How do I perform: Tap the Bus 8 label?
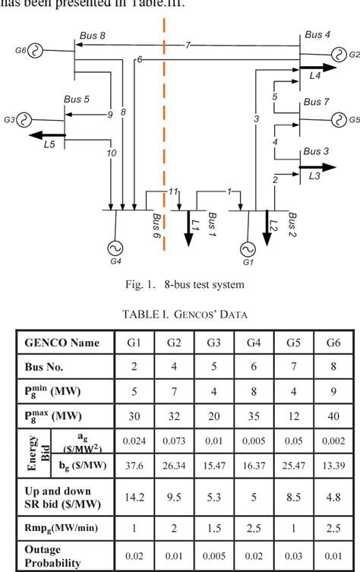93,35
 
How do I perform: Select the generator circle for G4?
116,248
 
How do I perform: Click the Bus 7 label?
317,102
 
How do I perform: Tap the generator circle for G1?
247,249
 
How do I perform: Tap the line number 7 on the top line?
188,46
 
